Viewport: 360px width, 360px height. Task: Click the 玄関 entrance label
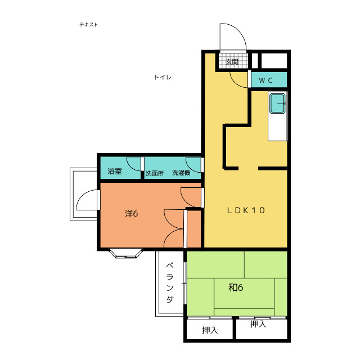(232, 62)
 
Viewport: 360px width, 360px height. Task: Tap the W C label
(265, 80)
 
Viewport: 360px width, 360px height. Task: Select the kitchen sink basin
(277, 103)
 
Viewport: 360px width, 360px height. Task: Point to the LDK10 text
(246, 210)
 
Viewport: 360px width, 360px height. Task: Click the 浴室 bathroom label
(114, 171)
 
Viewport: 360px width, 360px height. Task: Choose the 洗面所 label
(155, 173)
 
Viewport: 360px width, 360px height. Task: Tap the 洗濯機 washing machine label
(181, 173)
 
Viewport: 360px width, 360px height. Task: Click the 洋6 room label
(131, 214)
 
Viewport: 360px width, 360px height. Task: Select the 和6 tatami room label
(236, 287)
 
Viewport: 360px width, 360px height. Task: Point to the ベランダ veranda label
(170, 282)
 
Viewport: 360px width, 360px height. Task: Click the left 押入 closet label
(210, 330)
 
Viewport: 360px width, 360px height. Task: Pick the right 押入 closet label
(258, 324)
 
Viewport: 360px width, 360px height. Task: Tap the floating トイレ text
(163, 77)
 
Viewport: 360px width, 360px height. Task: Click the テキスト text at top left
(89, 25)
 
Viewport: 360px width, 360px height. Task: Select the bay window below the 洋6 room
(126, 253)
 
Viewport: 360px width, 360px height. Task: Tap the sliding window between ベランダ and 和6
(185, 283)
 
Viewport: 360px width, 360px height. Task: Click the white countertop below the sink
(277, 127)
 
